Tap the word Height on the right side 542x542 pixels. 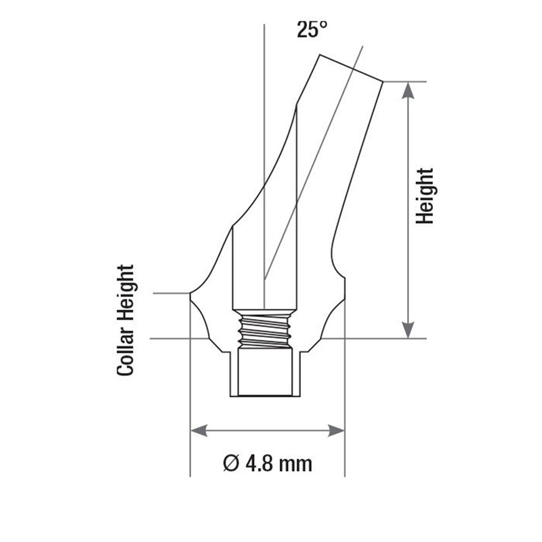point(425,196)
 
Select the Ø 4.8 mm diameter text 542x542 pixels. point(267,463)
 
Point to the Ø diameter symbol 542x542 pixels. point(231,463)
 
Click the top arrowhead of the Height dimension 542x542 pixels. point(409,91)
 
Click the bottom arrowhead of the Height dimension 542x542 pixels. point(409,330)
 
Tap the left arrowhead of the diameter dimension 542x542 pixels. point(199,431)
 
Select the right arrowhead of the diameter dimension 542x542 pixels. point(336,431)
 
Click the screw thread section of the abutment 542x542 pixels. point(264,329)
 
